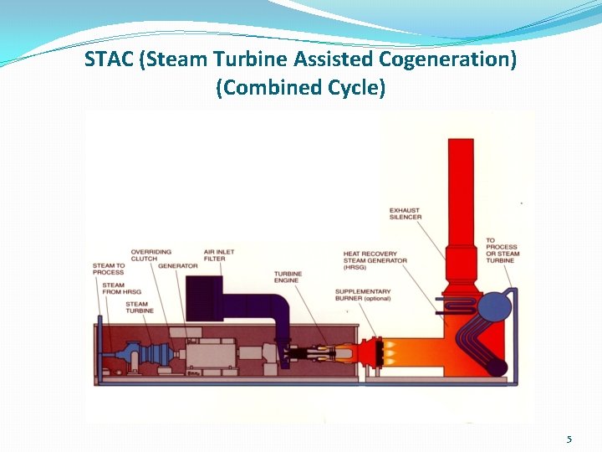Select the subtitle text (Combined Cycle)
301,87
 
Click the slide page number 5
569,439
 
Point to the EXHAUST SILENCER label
406,213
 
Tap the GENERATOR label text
178,266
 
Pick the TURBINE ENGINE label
288,278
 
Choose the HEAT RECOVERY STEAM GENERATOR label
375,257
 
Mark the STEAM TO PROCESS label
108,270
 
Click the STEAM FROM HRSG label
114,289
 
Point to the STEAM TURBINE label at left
137,307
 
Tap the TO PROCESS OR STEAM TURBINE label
503,251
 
